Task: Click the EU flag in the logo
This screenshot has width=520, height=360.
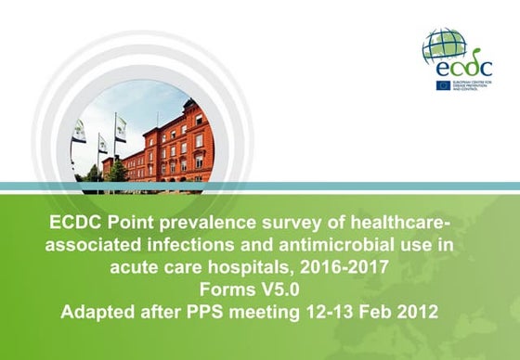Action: (444, 84)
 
